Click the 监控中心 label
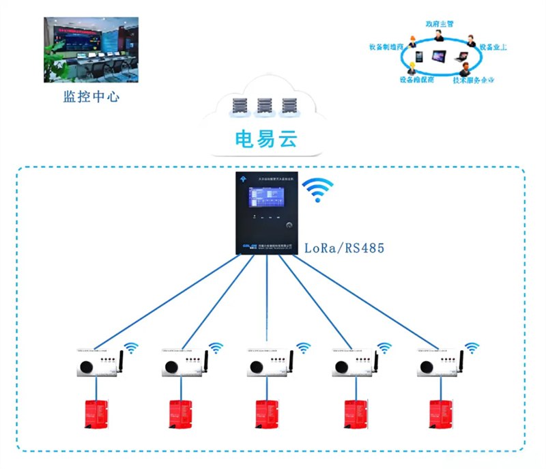click(x=91, y=97)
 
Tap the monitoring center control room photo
click(x=91, y=49)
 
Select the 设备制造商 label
click(x=386, y=47)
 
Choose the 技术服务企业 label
click(x=473, y=80)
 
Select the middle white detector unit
click(x=268, y=364)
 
